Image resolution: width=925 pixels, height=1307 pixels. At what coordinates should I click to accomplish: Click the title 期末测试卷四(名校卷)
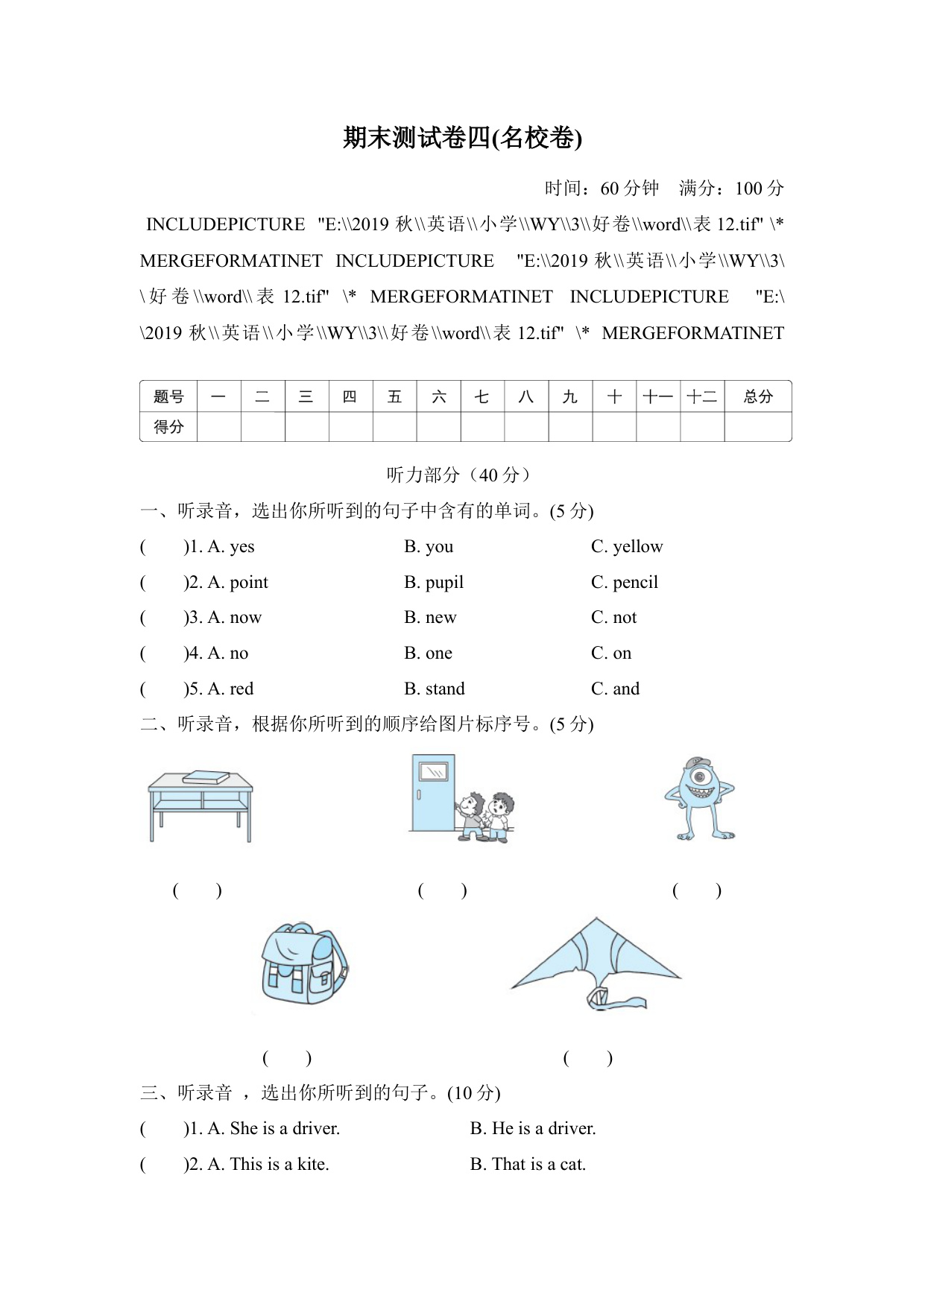462,138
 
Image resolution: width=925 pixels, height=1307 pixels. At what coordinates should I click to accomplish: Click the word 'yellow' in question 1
637,547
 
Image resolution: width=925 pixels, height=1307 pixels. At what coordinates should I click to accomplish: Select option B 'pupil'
443,583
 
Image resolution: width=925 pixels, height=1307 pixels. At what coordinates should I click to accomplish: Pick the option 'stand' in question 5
444,689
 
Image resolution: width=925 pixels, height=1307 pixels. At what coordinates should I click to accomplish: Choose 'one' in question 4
438,653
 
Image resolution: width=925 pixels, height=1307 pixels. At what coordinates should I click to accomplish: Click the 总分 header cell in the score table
757,396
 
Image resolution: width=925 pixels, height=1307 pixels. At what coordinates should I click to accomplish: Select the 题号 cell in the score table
168,396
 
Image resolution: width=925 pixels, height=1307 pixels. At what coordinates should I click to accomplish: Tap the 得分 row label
168,427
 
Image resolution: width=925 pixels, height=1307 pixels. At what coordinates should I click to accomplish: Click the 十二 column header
701,396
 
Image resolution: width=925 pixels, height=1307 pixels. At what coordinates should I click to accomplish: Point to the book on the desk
206,777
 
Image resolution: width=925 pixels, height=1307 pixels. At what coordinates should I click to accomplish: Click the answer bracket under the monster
696,890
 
